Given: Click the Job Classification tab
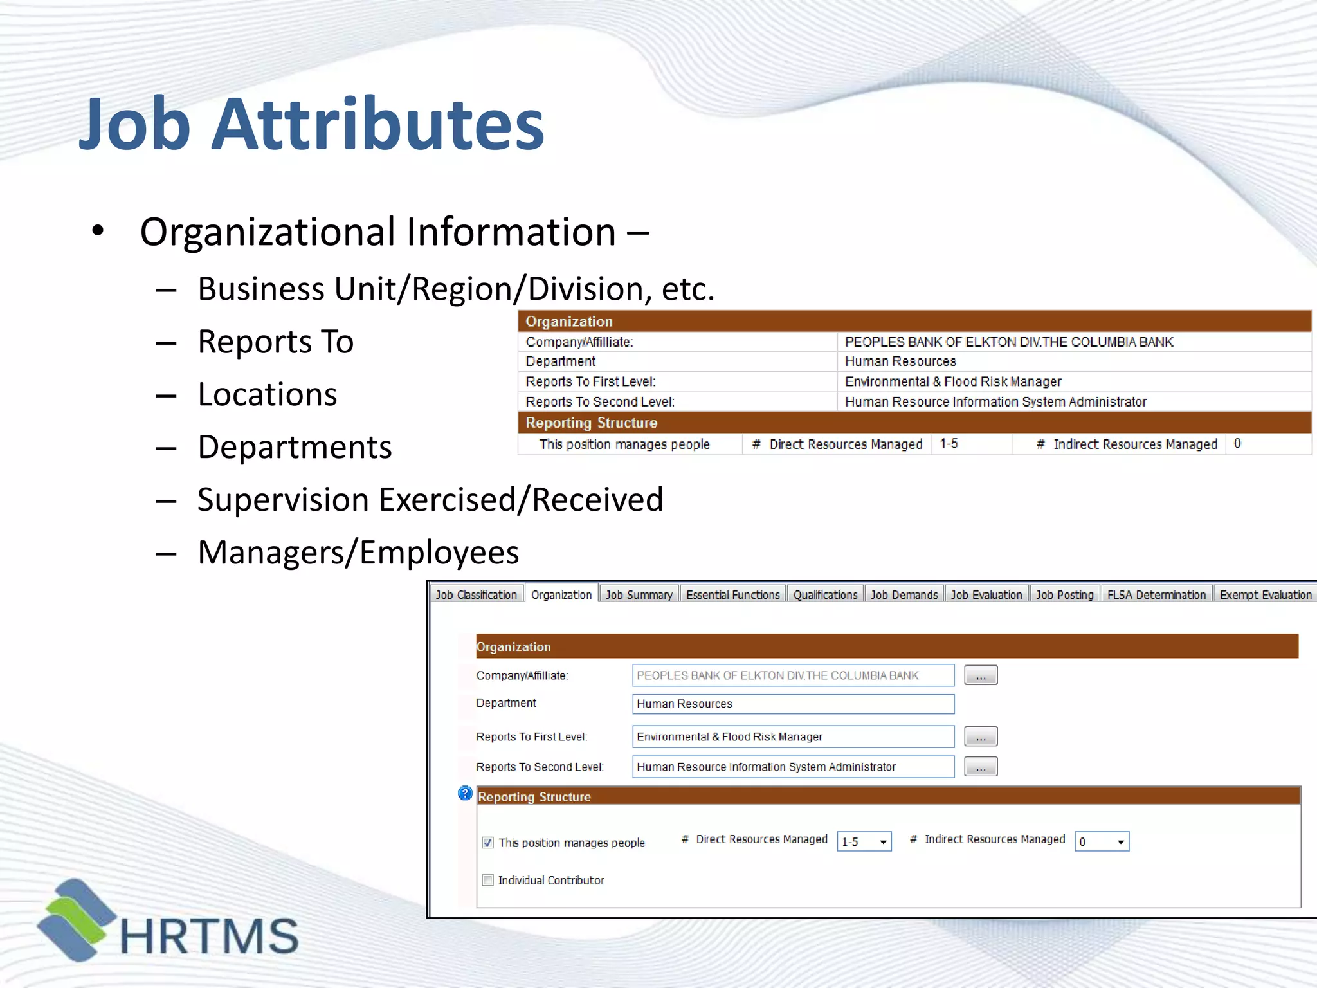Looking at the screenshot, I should point(476,595).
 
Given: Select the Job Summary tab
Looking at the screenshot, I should point(639,595).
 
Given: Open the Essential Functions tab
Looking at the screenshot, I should point(732,595).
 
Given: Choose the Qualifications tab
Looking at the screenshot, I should point(825,595).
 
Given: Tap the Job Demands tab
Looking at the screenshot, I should point(904,595).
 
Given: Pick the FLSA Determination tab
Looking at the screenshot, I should point(1156,595).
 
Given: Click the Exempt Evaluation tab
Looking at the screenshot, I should point(1265,595).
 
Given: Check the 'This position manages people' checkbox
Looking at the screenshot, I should point(488,843).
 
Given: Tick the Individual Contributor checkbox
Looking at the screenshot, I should point(488,880).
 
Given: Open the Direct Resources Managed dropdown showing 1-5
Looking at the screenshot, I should point(864,841).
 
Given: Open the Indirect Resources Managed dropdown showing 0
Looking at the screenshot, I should point(1102,841).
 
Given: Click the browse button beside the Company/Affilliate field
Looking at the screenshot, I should point(981,675).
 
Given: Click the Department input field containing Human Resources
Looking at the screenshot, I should point(793,704).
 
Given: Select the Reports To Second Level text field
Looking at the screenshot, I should point(793,767).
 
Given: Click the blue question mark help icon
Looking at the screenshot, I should point(465,793).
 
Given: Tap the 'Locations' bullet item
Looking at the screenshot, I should point(267,394).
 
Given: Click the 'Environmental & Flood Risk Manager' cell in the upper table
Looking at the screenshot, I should point(953,381).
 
